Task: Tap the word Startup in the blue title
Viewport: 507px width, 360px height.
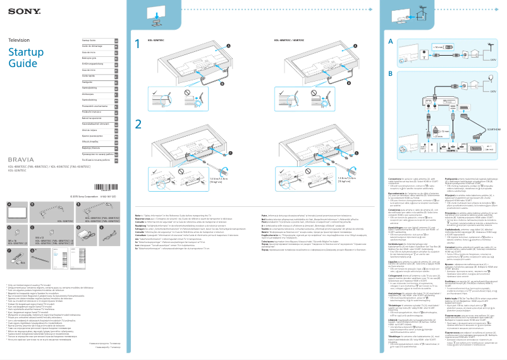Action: coord(25,51)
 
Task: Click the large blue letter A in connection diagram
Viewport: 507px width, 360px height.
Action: coord(391,41)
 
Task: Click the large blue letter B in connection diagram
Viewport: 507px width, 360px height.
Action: coord(391,73)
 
